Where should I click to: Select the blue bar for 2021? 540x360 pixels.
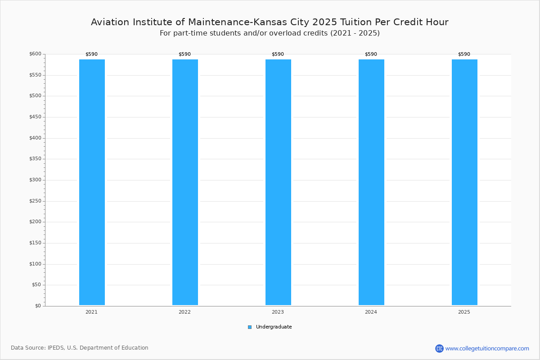92,182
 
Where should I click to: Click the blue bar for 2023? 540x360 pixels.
278,182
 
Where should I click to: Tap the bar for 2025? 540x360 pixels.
464,182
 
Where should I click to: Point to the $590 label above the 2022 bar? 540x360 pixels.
184,54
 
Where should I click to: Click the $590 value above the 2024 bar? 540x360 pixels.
371,54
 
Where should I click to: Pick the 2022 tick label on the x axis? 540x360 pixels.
184,312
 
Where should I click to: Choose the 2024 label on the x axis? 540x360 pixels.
371,312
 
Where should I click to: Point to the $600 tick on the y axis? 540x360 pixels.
35,54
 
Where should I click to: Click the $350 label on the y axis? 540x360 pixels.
35,159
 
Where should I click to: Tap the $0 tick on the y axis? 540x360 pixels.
38,306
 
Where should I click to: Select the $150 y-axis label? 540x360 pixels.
35,243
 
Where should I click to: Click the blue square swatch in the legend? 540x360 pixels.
250,327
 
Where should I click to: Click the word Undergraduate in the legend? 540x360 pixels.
274,327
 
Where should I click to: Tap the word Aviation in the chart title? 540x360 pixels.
110,22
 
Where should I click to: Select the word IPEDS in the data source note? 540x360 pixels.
56,348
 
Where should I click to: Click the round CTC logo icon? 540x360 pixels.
439,348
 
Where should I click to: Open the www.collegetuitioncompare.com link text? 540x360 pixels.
487,349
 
